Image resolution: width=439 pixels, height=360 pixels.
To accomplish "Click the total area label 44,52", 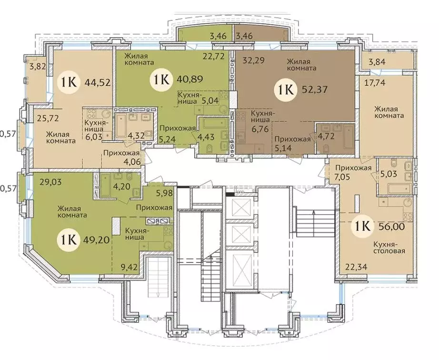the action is pos(97,82).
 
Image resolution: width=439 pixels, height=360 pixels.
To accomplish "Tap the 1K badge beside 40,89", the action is pos(161,80).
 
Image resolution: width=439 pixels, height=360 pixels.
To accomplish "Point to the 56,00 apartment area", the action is pos(392,226).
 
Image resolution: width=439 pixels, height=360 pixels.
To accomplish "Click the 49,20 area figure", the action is pos(96,240).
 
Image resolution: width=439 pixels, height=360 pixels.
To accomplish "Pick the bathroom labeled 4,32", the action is pos(135,136).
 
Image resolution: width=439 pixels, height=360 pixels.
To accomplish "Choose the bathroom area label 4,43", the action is pos(206,137).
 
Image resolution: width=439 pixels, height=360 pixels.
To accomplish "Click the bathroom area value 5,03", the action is pos(389,174).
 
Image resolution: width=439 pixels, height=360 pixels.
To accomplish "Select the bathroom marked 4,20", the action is pos(122,186).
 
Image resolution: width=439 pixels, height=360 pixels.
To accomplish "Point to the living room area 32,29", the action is pos(254,60).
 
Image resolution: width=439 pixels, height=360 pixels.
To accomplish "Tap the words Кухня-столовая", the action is pos(389,248).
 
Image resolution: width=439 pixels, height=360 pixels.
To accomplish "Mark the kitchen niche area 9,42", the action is pos(130,267).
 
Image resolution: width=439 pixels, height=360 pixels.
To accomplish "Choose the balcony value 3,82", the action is pos(37,67).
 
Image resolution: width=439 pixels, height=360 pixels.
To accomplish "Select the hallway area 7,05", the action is pos(343,177).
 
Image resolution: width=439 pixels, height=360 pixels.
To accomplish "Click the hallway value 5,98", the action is pos(164,193).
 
